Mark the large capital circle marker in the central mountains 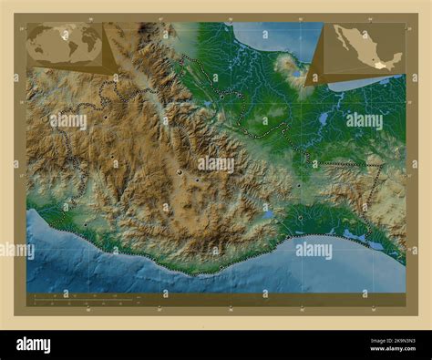tap(180, 172)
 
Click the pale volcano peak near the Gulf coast tap(288, 64)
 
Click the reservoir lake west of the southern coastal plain tap(269, 215)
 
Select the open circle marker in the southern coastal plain tap(301, 218)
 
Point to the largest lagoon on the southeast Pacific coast tap(354, 235)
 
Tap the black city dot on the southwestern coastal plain tap(87, 227)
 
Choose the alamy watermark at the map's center tap(215, 164)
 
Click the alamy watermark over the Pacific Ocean tap(313, 250)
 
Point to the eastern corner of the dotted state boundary tap(383, 165)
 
